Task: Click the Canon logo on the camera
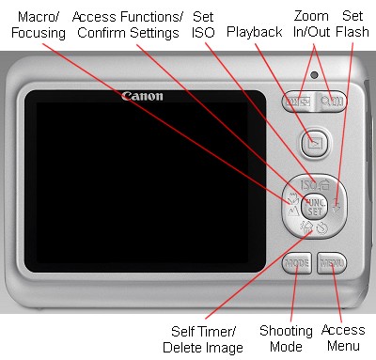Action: [142, 96]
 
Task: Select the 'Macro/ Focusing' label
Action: [34, 25]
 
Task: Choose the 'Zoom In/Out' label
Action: [311, 25]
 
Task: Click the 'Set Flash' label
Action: [353, 25]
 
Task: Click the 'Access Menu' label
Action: [343, 339]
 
